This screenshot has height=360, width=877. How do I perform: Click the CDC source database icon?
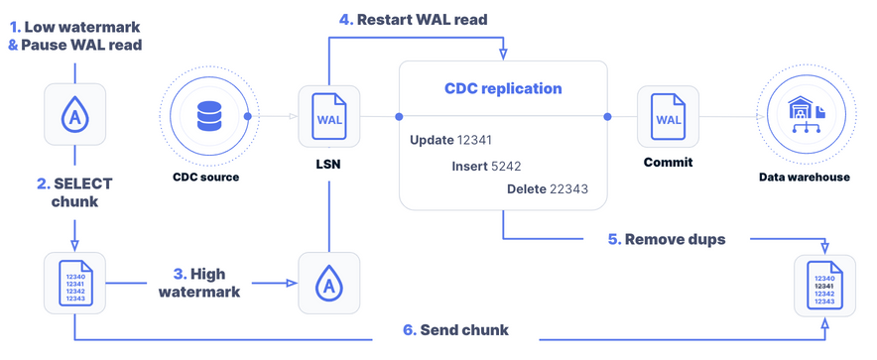point(209,117)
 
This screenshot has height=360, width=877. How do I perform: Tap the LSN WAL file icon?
point(328,117)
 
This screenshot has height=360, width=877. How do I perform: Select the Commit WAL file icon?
point(668,117)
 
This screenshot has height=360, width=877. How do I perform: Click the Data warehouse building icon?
point(805,117)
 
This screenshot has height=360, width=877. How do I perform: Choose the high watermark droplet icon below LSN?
point(328,284)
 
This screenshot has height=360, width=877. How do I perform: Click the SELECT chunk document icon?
point(75,284)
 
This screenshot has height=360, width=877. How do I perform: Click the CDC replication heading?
point(503,88)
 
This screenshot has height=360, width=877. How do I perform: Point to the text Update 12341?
point(450,140)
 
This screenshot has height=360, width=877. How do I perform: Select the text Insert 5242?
point(485,166)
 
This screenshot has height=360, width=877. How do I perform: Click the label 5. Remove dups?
point(667,239)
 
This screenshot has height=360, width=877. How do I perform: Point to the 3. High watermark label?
point(200,283)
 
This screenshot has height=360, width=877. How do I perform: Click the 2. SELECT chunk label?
point(74,192)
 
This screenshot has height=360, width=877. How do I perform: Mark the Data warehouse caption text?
point(805,177)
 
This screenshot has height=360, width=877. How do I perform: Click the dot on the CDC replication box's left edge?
point(399,117)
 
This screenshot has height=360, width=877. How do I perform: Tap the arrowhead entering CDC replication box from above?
point(503,55)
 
